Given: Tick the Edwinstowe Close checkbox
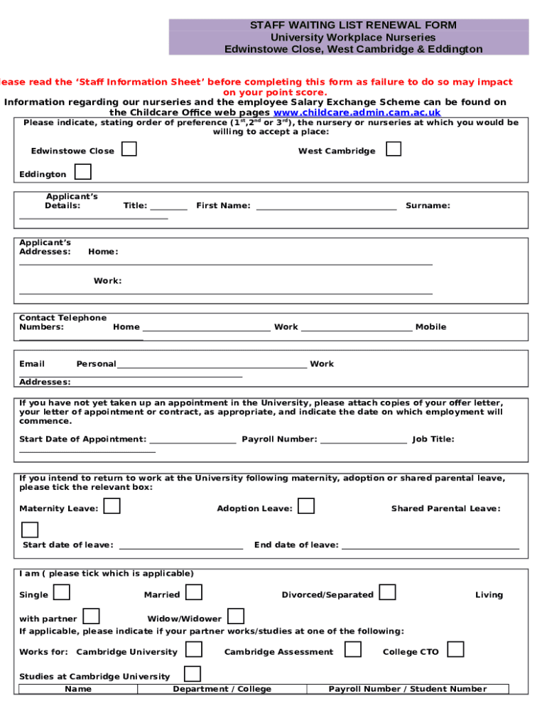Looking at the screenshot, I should tap(129, 149).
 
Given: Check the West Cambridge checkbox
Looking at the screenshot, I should tap(393, 149).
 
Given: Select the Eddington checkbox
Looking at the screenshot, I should tap(83, 172).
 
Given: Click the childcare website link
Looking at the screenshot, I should tap(357, 112).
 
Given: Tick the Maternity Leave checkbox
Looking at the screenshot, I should tap(112, 506).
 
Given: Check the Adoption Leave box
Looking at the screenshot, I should tap(306, 506).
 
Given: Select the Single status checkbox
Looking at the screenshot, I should tap(62, 592).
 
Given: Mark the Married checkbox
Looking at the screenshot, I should tap(194, 592).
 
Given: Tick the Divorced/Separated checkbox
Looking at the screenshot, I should tap(387, 592).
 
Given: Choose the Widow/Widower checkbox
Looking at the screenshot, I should tap(236, 616).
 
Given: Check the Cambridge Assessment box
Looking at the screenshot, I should tap(353, 650).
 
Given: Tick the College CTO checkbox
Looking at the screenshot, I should tap(455, 650).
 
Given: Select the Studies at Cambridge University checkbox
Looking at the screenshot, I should tap(192, 674).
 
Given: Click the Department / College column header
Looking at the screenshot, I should tap(222, 689).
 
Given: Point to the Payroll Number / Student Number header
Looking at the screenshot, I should tap(408, 689).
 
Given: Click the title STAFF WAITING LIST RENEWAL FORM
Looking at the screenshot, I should tap(353, 25).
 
